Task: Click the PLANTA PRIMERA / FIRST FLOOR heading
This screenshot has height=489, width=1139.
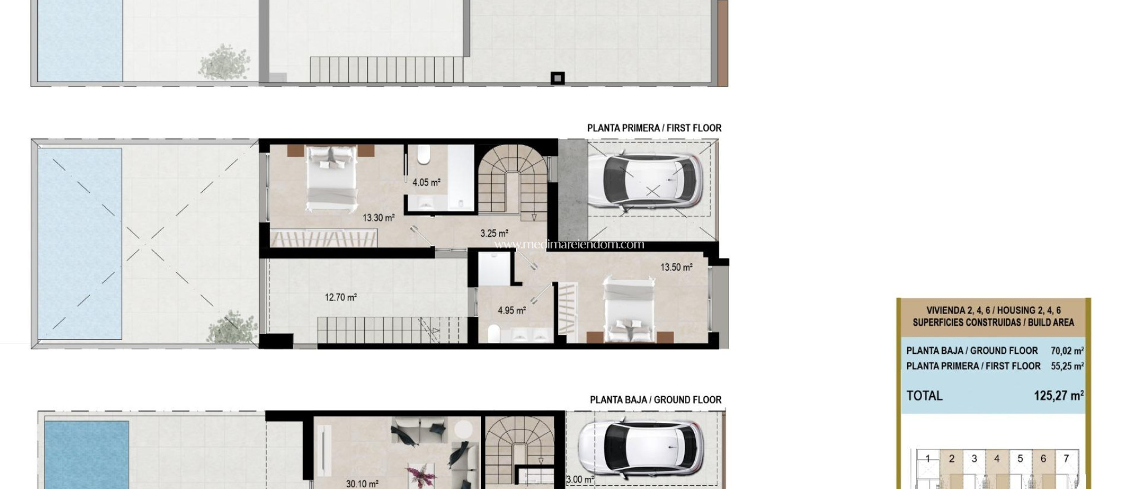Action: (654, 128)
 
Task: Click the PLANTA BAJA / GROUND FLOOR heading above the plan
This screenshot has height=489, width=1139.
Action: (655, 400)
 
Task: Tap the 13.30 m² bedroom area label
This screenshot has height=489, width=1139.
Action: (379, 218)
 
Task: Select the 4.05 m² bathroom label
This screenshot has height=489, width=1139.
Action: (426, 182)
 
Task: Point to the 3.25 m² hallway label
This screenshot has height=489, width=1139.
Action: (494, 233)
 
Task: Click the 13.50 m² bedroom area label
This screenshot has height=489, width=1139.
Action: (676, 267)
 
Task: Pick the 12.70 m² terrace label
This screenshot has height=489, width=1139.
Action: (340, 297)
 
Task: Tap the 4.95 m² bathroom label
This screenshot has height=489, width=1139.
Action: (512, 311)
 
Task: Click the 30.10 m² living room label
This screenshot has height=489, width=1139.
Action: (362, 483)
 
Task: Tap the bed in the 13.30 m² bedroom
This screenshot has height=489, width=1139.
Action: (332, 178)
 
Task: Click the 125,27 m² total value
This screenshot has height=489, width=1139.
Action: (1058, 396)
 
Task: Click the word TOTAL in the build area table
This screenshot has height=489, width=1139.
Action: (924, 396)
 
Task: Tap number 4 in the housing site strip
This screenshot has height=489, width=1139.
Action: (997, 458)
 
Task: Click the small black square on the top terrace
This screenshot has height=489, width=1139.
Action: (557, 78)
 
